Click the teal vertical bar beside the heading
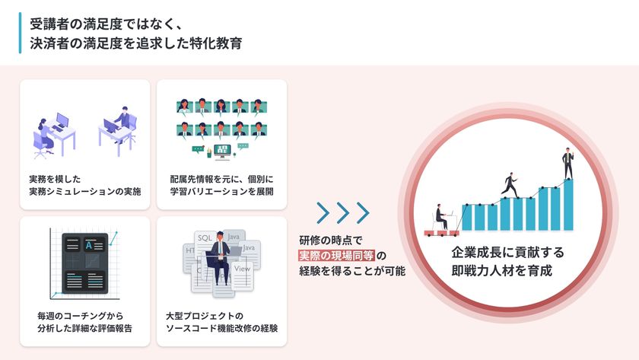[x=20, y=33]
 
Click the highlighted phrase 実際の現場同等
[x=336, y=256]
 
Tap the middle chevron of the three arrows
[x=343, y=212]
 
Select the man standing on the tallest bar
[x=568, y=164]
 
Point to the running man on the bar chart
[x=510, y=185]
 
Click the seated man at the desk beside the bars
[x=441, y=218]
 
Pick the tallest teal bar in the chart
[x=568, y=205]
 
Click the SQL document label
[x=205, y=238]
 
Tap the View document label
[x=242, y=269]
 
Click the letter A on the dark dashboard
[x=89, y=245]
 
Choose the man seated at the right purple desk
[x=123, y=123]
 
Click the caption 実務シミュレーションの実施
[x=85, y=191]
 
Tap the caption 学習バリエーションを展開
[x=221, y=191]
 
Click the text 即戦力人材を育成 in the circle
[x=501, y=270]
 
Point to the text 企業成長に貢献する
[x=508, y=253]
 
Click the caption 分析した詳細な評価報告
[x=84, y=328]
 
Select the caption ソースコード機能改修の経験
[x=221, y=328]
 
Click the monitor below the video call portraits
[x=222, y=151]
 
